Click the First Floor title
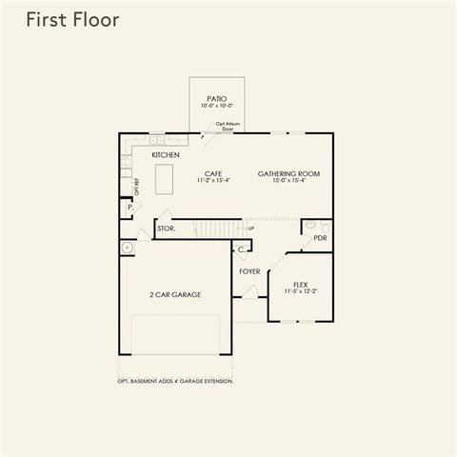[72, 21]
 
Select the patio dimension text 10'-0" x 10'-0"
[216, 106]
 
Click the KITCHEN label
[165, 154]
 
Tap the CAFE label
[212, 173]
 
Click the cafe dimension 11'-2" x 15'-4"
[212, 181]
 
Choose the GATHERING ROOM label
[288, 173]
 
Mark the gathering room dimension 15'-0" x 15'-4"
[288, 181]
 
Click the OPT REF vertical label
[137, 188]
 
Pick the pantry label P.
[129, 208]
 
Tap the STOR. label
[166, 229]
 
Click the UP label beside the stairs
[250, 228]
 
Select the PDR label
[320, 238]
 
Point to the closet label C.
[242, 249]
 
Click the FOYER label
[249, 271]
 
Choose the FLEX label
[300, 283]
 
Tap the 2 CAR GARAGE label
[174, 295]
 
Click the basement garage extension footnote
[175, 381]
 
